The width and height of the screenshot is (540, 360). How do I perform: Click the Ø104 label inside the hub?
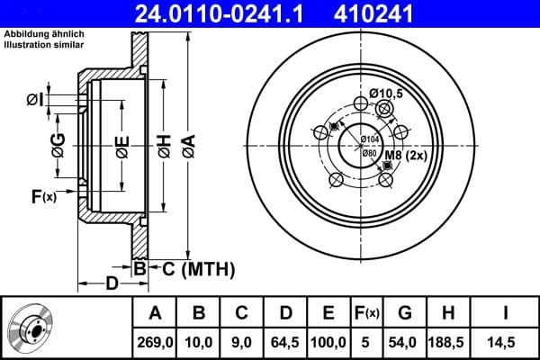[x=369, y=139]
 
